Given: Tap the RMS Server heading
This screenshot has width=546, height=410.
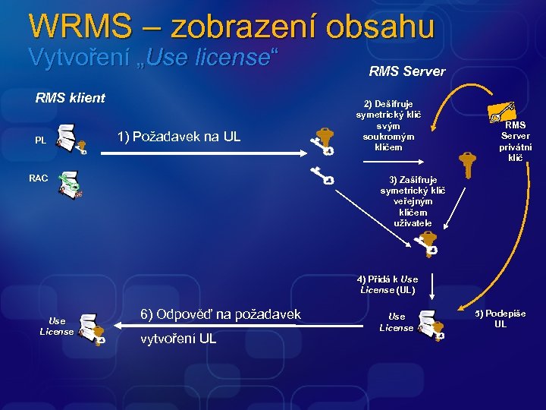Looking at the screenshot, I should [x=406, y=72].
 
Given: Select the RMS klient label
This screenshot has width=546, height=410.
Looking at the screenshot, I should [x=71, y=97].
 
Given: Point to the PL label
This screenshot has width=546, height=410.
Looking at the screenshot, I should [x=40, y=140].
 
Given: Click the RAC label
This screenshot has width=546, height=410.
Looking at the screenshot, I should [x=39, y=178].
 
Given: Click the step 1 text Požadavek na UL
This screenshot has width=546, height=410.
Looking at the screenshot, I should [x=178, y=137].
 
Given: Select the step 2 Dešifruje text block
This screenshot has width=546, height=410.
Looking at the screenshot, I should [x=388, y=125].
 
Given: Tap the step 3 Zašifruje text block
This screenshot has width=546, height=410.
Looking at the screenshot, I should [x=409, y=201].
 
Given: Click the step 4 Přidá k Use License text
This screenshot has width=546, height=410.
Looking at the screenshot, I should [x=388, y=284].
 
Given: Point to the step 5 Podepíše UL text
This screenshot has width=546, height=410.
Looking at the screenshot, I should [x=500, y=319].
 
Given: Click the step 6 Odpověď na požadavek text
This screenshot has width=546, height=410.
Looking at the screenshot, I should [x=221, y=314].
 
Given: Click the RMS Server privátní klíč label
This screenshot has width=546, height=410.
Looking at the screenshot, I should [x=516, y=141].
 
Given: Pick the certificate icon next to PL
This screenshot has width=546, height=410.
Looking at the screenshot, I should [x=72, y=138].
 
